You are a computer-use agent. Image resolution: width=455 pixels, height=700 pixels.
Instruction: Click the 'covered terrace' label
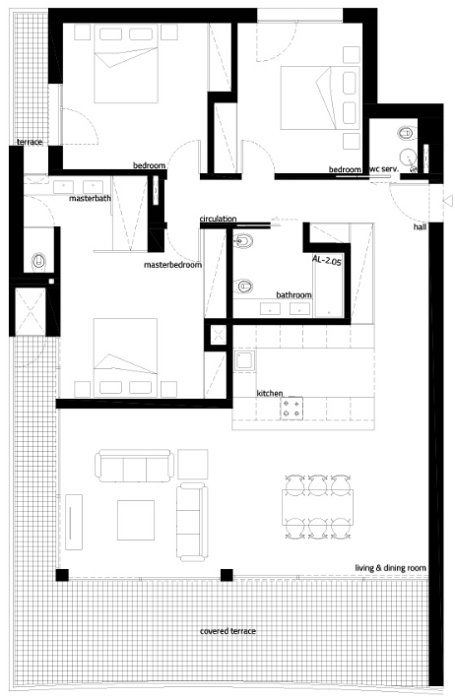[x=227, y=631]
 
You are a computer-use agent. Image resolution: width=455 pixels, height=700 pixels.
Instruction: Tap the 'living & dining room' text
[x=390, y=568]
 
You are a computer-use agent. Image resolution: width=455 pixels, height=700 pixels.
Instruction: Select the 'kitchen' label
[x=270, y=393]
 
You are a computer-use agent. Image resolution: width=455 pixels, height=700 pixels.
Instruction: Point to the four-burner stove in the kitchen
[x=292, y=409]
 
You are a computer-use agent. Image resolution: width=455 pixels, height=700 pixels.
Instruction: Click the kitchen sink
[x=244, y=360]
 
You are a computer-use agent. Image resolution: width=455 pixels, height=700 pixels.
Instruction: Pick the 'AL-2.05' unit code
[x=326, y=260]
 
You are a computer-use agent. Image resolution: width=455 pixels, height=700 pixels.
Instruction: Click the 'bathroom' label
[x=293, y=295]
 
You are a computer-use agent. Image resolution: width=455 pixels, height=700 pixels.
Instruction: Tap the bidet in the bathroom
[x=243, y=241]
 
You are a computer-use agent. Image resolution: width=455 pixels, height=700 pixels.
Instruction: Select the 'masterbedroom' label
[x=172, y=265]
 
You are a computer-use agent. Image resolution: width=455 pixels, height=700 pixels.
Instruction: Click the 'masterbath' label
[x=90, y=198]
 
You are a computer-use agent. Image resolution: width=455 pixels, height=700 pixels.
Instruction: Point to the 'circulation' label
[x=218, y=219]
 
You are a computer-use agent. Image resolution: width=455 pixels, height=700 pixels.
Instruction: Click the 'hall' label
[x=420, y=227]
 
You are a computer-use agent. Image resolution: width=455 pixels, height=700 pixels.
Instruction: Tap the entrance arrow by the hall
[x=448, y=201]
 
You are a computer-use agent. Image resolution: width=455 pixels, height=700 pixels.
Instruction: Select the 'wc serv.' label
[x=384, y=169]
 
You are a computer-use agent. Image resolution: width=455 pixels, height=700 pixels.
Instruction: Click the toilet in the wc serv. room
[x=406, y=133]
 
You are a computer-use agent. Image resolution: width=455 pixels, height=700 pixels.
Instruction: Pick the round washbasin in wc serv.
[x=407, y=157]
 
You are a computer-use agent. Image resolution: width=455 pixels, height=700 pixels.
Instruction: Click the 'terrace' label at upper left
[x=30, y=142]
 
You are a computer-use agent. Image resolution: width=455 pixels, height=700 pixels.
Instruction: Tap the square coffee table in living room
[x=136, y=520]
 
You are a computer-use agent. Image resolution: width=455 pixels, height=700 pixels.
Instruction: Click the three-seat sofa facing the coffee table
[x=135, y=466]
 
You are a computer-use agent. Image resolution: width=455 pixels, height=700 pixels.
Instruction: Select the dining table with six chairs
[x=317, y=507]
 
